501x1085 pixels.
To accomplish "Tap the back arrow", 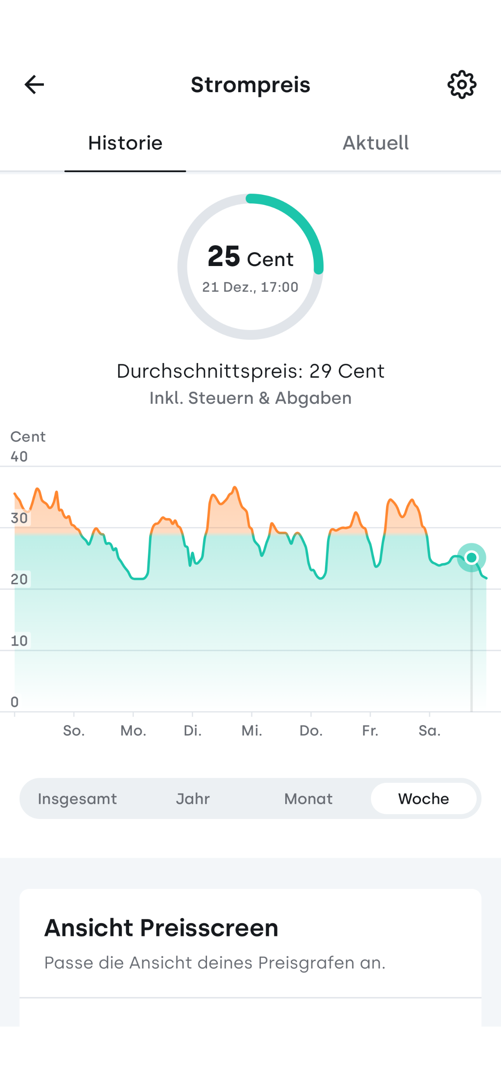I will pyautogui.click(x=34, y=84).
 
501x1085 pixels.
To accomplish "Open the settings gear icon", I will pyautogui.click(x=462, y=84).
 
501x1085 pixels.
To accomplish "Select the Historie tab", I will pyautogui.click(x=125, y=143).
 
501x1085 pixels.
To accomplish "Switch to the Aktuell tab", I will pyautogui.click(x=376, y=143).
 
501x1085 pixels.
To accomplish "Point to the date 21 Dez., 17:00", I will pyautogui.click(x=250, y=287).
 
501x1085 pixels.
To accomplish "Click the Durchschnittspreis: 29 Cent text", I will pyautogui.click(x=250, y=371).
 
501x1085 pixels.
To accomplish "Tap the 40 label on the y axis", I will pyautogui.click(x=19, y=456).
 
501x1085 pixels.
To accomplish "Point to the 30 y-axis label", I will pyautogui.click(x=19, y=518).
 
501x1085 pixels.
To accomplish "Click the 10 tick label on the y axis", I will pyautogui.click(x=19, y=640).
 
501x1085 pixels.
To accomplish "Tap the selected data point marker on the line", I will pyautogui.click(x=471, y=557).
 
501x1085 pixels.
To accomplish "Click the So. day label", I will pyautogui.click(x=74, y=731).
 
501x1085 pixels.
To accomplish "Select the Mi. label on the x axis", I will pyautogui.click(x=252, y=731).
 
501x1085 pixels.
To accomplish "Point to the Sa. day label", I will pyautogui.click(x=430, y=731).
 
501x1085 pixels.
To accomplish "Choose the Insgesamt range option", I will pyautogui.click(x=77, y=799).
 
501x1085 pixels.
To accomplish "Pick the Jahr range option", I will pyautogui.click(x=193, y=799).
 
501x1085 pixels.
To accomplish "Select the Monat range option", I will pyautogui.click(x=308, y=799).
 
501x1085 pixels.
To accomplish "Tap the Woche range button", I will pyautogui.click(x=424, y=799).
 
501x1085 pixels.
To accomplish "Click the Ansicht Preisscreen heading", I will pyautogui.click(x=161, y=928).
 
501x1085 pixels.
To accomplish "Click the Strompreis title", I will pyautogui.click(x=250, y=84).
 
